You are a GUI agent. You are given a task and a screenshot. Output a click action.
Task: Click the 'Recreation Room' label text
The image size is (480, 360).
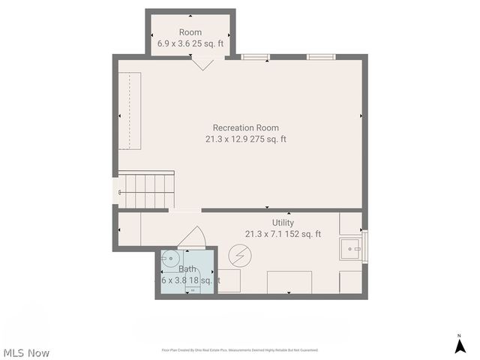(245, 127)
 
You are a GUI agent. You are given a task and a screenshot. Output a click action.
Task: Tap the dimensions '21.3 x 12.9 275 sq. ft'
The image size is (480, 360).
(245, 139)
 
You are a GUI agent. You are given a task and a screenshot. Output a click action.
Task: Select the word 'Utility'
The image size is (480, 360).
(283, 223)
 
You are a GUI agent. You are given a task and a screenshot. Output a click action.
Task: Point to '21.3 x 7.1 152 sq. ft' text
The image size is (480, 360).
(283, 234)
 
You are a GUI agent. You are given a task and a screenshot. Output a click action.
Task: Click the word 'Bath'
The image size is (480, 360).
(187, 268)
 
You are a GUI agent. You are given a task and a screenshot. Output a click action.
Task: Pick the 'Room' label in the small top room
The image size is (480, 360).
(190, 32)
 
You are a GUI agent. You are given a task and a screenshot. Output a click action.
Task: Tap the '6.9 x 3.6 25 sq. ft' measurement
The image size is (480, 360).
(190, 44)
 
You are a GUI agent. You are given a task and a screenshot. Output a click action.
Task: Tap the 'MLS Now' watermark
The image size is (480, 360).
(27, 352)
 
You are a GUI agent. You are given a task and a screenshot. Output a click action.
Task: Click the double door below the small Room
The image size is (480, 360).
(201, 63)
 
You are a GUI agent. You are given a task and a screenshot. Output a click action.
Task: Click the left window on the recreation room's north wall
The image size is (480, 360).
(255, 56)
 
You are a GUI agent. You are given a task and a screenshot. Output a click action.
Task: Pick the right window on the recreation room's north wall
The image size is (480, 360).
(320, 56)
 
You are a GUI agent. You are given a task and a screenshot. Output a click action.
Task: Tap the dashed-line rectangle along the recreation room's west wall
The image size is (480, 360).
(131, 110)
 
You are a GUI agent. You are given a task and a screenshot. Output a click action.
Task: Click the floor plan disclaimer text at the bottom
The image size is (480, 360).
(240, 350)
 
